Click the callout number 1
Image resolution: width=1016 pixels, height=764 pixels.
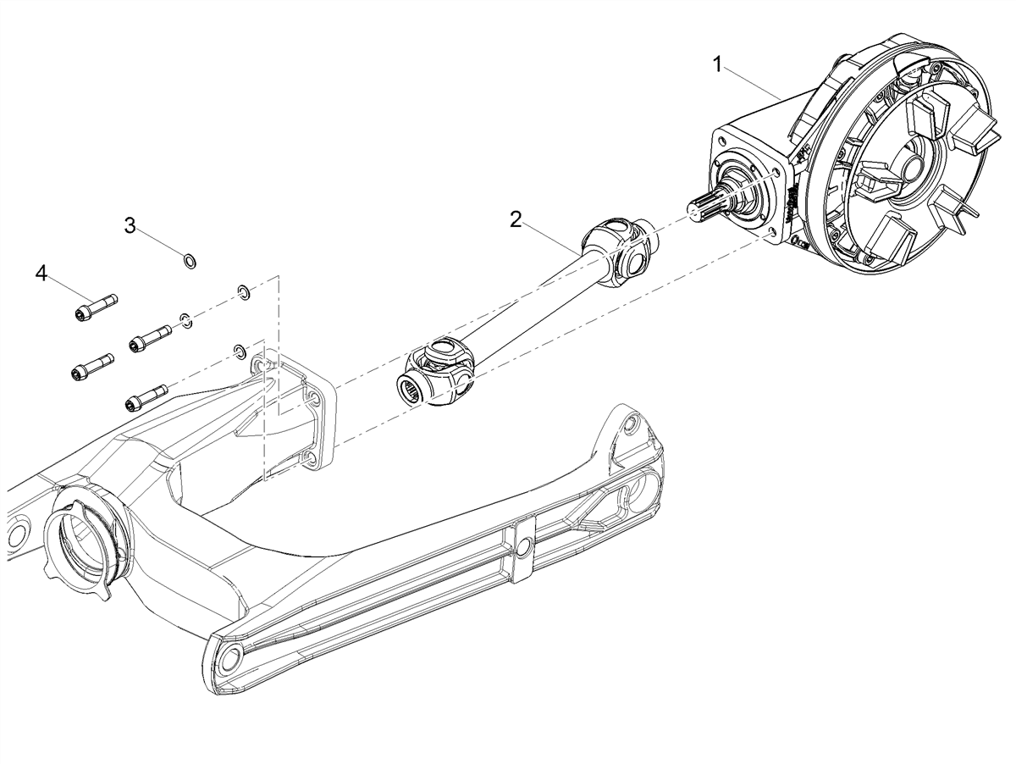coord(717,64)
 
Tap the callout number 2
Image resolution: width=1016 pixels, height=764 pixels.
coord(516,219)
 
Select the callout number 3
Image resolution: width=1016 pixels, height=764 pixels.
coord(130,225)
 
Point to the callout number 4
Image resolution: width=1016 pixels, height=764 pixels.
coord(41,274)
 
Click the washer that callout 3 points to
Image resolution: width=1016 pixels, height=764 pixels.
coord(190,260)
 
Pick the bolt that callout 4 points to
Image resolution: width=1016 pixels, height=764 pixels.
coord(96,307)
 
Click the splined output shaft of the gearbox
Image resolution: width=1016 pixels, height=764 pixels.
coord(710,206)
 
